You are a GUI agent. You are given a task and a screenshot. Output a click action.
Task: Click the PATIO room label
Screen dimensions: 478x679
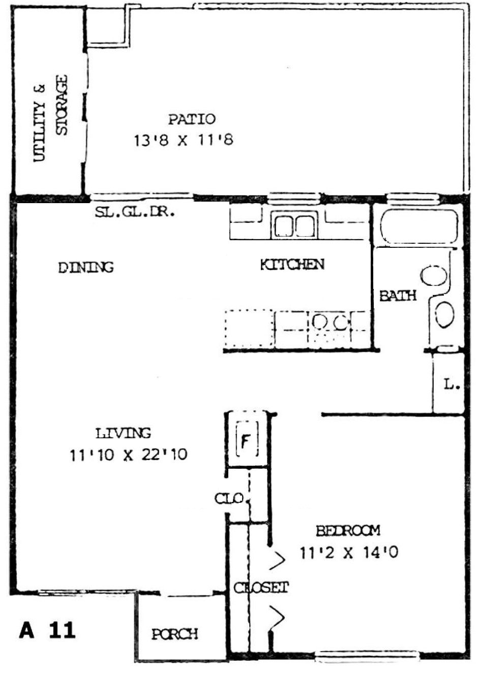coord(192,119)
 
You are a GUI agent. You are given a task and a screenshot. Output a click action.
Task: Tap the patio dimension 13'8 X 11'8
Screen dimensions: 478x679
coord(184,140)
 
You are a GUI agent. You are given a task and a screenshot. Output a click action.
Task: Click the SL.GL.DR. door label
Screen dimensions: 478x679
coord(135,212)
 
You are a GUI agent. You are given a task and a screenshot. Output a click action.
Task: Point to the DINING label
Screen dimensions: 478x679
coord(86,267)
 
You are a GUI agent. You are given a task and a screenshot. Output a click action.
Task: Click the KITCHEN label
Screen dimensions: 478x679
coord(292,264)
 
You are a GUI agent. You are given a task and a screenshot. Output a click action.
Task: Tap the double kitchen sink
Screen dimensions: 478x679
coord(294,225)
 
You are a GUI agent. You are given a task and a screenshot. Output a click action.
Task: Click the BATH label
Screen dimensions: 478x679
coord(398,296)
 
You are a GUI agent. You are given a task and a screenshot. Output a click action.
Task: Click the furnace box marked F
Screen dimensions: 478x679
coord(247,439)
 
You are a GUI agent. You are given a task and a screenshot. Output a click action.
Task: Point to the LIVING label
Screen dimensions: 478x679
coord(123,433)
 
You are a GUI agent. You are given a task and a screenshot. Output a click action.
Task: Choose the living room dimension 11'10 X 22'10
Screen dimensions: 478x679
coord(128,455)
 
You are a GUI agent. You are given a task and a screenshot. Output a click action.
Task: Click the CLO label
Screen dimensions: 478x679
coord(229,498)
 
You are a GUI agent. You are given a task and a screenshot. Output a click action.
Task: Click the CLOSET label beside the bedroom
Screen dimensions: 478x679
coord(261,588)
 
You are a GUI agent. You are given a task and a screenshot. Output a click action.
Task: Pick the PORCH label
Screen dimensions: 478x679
coord(175,634)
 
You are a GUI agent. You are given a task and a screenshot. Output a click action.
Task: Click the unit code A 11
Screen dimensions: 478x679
coord(47,631)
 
